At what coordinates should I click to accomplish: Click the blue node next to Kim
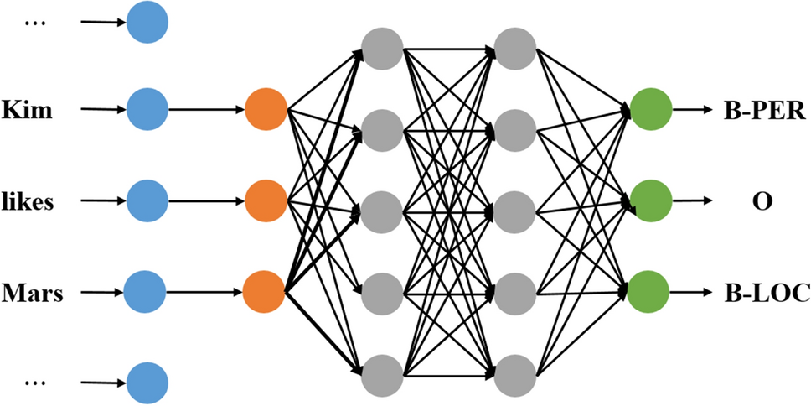click(x=147, y=110)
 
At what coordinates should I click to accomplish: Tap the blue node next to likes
click(x=147, y=202)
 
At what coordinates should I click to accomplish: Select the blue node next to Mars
click(x=145, y=294)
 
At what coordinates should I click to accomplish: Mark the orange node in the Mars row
click(x=264, y=294)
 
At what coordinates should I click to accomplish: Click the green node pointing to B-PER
click(x=650, y=109)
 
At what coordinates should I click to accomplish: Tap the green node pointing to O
click(x=650, y=201)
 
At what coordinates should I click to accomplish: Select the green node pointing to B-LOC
click(x=649, y=293)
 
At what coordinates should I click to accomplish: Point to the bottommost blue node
click(x=147, y=383)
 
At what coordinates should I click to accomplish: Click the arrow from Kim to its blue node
click(x=100, y=110)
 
